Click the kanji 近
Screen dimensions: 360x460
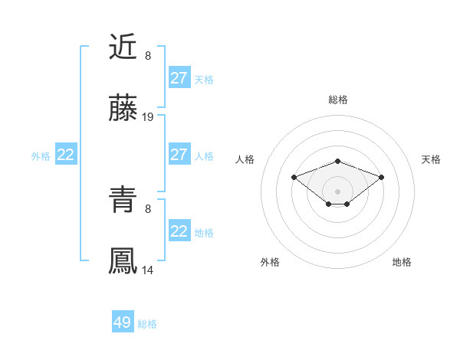pos(123,47)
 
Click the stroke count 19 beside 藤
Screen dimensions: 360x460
pos(148,117)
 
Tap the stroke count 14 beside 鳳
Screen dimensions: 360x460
pos(148,270)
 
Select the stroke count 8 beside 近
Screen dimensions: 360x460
pos(148,55)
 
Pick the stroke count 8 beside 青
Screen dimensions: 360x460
pos(148,208)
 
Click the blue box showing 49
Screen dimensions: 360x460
pos(123,322)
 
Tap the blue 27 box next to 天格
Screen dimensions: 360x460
pos(179,78)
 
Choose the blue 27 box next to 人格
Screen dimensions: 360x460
pos(179,155)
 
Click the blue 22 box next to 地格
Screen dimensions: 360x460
pos(179,231)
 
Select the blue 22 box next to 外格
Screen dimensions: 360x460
pos(66,155)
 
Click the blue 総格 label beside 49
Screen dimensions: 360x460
pos(147,324)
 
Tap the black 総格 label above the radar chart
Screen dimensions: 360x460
pos(337,100)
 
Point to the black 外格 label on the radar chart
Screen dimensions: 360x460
pos(270,262)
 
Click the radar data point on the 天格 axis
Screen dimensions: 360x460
pos(381,177)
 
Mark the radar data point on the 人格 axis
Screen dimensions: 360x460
pos(294,177)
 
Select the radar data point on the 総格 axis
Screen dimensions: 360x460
pos(337,161)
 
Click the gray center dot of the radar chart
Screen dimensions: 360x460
pos(337,191)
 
